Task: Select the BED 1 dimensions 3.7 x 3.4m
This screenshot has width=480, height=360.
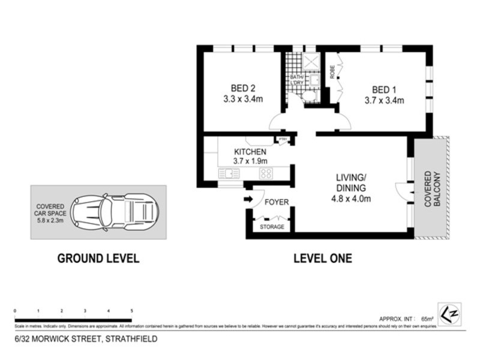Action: (x=384, y=100)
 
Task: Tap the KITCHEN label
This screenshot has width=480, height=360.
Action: (x=250, y=152)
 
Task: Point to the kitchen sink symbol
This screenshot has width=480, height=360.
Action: (x=229, y=173)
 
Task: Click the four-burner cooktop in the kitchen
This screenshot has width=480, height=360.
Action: (x=265, y=173)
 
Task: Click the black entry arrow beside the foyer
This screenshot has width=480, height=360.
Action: (x=248, y=199)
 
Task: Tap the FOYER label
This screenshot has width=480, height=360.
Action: (x=277, y=202)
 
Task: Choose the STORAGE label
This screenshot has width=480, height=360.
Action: (x=272, y=227)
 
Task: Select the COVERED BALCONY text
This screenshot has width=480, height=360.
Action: (x=433, y=188)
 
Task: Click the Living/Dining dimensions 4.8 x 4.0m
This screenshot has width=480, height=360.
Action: (x=351, y=199)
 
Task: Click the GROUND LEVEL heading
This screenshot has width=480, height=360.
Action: (x=98, y=259)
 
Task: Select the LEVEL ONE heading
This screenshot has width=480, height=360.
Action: (x=322, y=259)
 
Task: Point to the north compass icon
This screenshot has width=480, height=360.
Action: (x=449, y=313)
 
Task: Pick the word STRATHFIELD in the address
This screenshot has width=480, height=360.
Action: (x=131, y=339)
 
